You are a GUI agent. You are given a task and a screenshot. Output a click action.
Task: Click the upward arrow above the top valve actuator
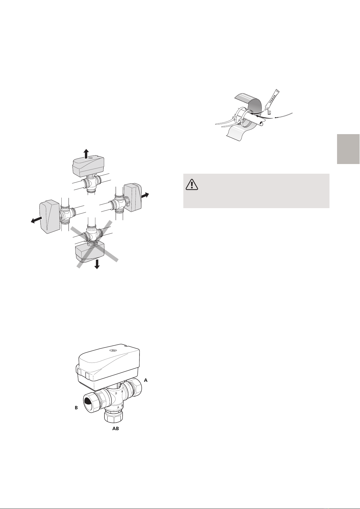coord(86,154)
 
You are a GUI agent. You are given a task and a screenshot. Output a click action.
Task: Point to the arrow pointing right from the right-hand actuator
coord(145,195)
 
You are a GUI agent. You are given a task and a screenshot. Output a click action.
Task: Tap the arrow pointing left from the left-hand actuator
coord(37,220)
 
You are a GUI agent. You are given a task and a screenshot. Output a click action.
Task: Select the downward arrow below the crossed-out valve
coord(97,264)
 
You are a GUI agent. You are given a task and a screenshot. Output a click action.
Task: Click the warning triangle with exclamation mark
coord(192,184)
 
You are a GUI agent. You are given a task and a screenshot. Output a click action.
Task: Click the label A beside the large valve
coord(146,380)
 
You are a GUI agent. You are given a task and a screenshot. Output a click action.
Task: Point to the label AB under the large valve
coord(116,429)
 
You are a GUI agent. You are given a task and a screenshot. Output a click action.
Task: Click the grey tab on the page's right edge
coord(349,149)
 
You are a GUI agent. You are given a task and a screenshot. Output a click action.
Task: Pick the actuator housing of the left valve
coord(50,217)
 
